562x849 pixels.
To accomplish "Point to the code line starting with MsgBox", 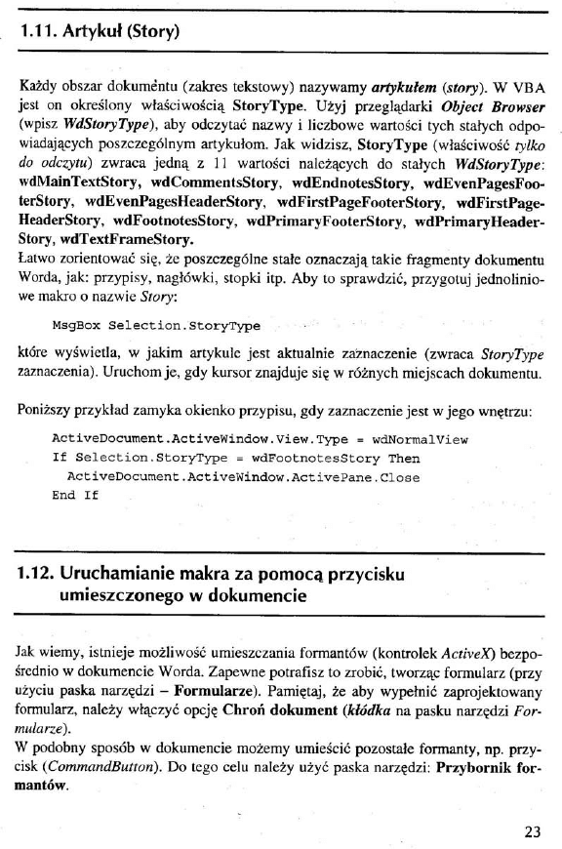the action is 155,324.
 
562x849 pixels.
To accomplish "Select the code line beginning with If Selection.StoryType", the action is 234,458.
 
